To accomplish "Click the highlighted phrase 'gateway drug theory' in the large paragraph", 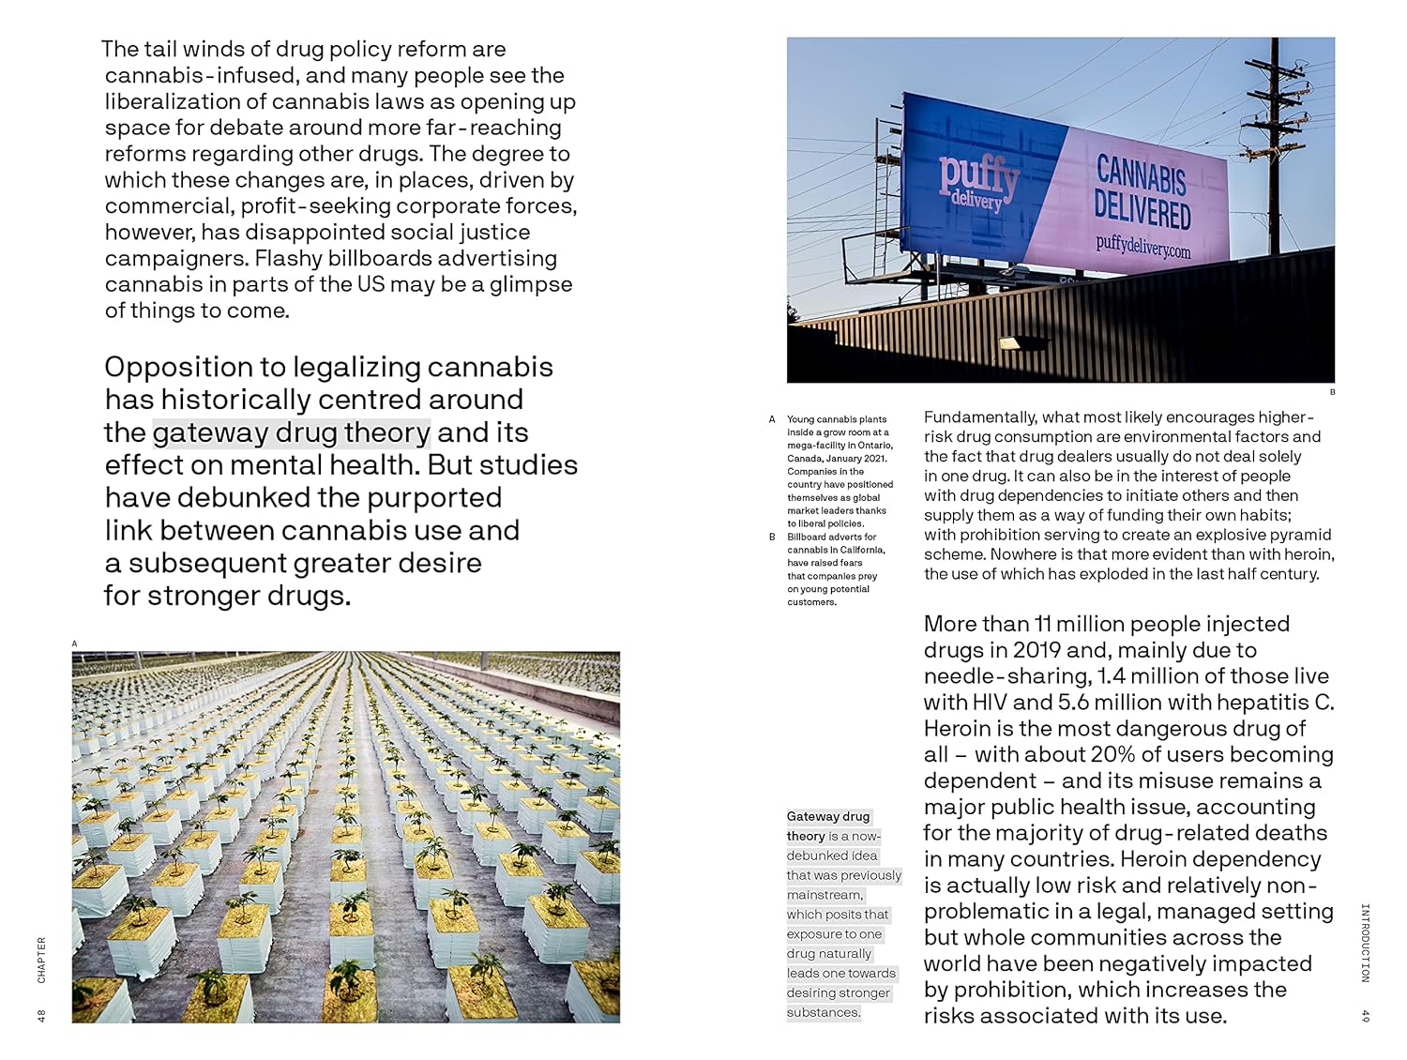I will pos(291,432).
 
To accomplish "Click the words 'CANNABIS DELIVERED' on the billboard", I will pos(1142,193).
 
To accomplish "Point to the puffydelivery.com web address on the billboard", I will pos(1142,248).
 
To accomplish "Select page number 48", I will pos(41,1015).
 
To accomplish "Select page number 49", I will pos(1365,1015).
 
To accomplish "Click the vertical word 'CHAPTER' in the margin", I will pos(41,960).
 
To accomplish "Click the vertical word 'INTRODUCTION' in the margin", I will pos(1365,943).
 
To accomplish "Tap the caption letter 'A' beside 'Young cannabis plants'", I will pos(772,419).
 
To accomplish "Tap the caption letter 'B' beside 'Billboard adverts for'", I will pos(772,538).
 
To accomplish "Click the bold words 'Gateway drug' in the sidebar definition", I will pos(828,816).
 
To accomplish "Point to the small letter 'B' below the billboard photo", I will pos(1332,392).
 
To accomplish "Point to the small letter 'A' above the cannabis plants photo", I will pos(75,644).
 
